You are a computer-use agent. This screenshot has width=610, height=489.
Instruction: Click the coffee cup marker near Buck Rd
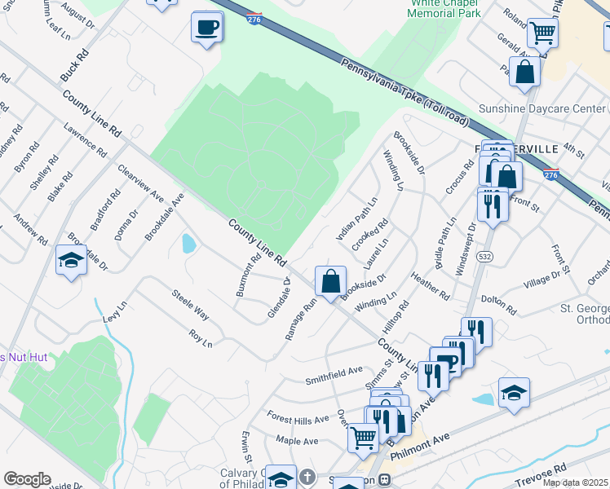(x=207, y=28)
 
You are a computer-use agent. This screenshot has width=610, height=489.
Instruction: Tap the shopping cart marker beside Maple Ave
(x=363, y=438)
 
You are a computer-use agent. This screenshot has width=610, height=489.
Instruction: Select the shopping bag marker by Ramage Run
(x=330, y=282)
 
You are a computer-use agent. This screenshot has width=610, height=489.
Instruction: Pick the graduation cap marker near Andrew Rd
(x=71, y=261)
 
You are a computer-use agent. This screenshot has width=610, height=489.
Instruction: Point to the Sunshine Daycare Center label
(x=542, y=108)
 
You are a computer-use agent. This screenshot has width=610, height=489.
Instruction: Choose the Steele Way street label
(x=189, y=304)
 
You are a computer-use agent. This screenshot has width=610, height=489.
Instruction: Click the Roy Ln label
(x=201, y=338)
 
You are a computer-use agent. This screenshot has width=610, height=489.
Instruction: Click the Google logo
(x=27, y=479)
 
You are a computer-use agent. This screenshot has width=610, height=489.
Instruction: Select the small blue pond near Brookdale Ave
(x=189, y=243)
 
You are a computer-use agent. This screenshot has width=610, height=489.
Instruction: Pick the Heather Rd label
(x=431, y=285)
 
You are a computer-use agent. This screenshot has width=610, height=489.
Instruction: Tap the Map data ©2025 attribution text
(x=575, y=482)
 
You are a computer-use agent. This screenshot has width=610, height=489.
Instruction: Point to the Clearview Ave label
(x=140, y=185)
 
